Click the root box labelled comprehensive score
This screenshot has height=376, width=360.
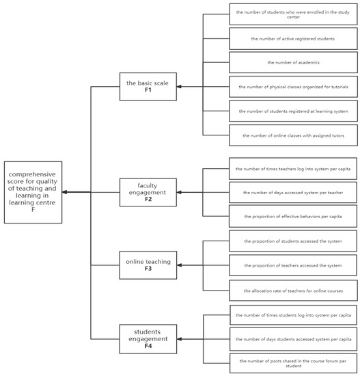coord(33,192)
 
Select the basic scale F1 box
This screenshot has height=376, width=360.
coord(148,86)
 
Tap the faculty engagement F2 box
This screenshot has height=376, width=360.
coord(148,192)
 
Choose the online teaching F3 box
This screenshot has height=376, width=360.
coord(148,265)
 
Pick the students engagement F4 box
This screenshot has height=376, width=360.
coord(148,338)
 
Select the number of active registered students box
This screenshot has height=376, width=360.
coord(292,39)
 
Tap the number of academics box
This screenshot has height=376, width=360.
coord(292,63)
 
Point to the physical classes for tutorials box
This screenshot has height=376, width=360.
coord(292,87)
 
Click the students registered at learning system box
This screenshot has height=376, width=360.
coord(292,111)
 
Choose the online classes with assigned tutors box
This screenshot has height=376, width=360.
coord(292,135)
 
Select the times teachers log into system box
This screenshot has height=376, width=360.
coord(292,168)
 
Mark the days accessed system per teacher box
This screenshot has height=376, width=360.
coord(292,192)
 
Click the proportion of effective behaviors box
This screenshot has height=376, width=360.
coord(292,216)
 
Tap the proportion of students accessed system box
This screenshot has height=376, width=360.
coord(292,241)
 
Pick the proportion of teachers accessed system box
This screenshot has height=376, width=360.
coord(292,265)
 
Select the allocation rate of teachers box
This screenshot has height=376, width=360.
coord(292,290)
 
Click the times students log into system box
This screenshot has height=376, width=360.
coord(292,315)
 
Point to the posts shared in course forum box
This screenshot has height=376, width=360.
coord(292,363)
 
